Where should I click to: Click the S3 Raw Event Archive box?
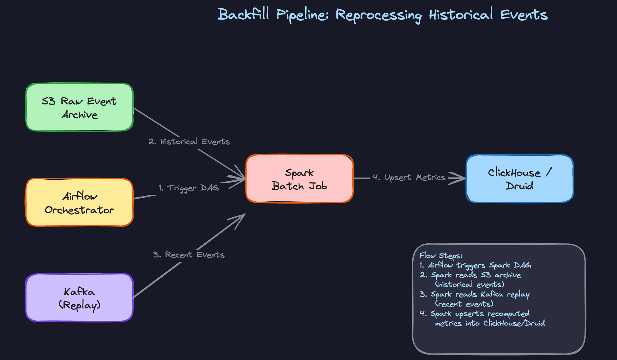(x=79, y=107)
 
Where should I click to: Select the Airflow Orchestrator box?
(x=79, y=203)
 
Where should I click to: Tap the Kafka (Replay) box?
(x=79, y=298)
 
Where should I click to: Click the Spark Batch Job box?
(x=300, y=179)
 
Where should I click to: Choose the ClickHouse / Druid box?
(x=520, y=179)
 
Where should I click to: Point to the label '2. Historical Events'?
(x=189, y=141)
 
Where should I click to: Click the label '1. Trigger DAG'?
(x=189, y=188)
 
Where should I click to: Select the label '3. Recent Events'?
(x=189, y=255)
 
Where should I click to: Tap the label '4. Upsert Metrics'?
(x=409, y=177)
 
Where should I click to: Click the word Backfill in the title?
(x=243, y=14)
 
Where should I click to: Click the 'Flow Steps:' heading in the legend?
(x=441, y=256)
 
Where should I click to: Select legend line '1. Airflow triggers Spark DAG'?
(x=475, y=265)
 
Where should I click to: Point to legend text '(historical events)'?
(x=469, y=284)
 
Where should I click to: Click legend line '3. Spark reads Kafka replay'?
(x=474, y=294)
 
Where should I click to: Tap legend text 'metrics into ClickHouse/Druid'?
(x=490, y=323)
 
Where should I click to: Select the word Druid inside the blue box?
(x=519, y=186)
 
